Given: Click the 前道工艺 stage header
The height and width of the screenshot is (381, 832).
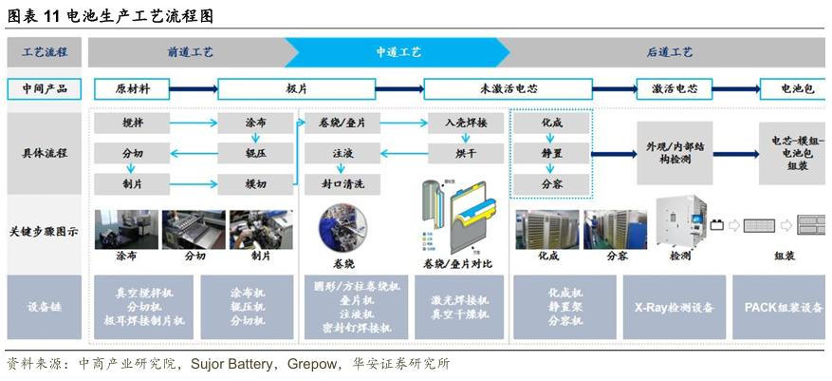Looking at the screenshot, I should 190,52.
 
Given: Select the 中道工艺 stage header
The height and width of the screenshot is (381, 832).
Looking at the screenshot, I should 398,52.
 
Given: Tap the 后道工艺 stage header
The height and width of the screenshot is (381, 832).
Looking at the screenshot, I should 669,52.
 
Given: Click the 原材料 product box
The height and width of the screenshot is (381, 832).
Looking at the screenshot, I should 132,89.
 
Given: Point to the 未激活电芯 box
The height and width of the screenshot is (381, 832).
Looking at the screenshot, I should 508,89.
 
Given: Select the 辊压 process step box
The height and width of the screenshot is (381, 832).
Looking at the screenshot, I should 255,152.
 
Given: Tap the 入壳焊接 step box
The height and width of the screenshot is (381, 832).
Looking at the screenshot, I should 465,124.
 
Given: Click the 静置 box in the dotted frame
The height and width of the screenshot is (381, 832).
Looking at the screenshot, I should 551,152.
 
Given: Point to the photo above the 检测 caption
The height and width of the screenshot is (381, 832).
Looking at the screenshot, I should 681,224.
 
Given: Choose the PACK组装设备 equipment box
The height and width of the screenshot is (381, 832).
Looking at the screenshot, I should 783,308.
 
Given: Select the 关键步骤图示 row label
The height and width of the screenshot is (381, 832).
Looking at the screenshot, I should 44,231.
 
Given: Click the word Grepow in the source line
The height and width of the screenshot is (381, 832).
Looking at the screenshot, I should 310,364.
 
